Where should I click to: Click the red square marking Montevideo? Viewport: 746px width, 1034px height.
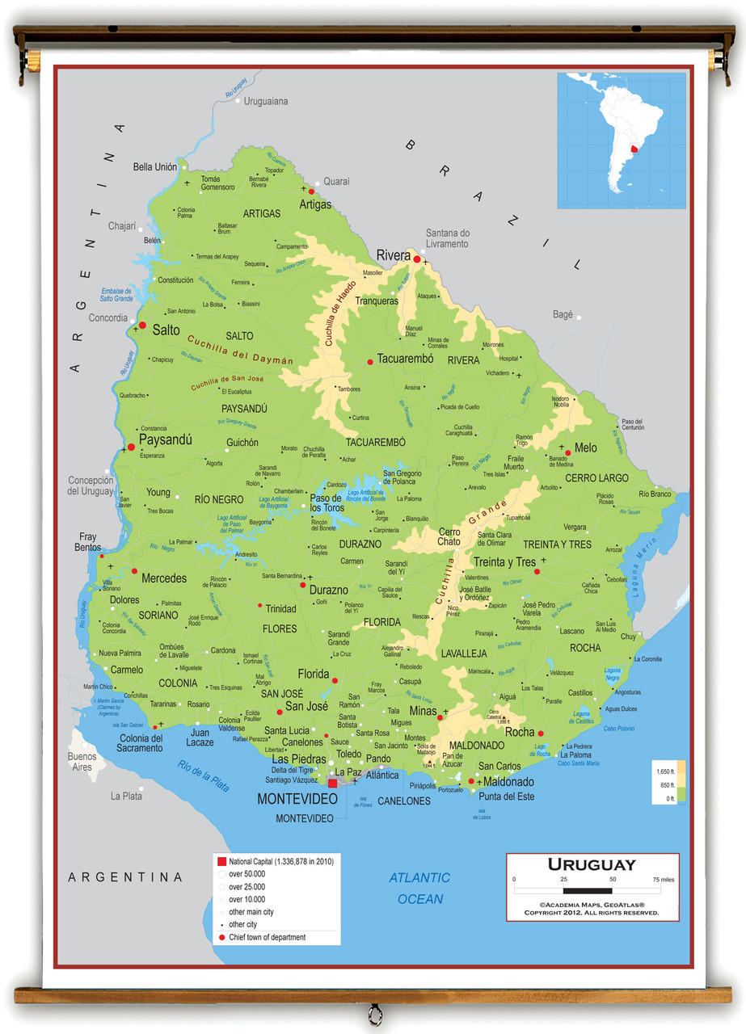tap(332, 783)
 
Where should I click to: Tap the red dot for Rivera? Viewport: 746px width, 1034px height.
tap(417, 259)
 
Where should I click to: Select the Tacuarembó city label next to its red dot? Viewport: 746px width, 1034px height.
tap(405, 359)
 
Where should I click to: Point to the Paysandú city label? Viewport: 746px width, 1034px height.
tap(165, 440)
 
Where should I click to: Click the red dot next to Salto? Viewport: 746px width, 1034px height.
tap(142, 326)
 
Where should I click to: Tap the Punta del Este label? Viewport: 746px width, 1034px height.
tap(507, 797)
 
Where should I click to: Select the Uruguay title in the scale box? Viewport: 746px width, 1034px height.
tap(592, 864)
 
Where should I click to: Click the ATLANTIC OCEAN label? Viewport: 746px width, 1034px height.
tap(419, 888)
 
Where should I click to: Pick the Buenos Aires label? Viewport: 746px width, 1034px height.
tap(82, 762)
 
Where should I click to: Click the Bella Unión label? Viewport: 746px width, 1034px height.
tap(155, 167)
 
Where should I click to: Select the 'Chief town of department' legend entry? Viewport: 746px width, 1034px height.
tap(267, 937)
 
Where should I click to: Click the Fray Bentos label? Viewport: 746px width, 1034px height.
tap(88, 541)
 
